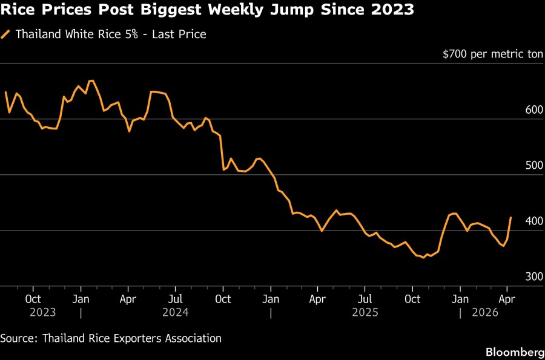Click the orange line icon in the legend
[x=7, y=34]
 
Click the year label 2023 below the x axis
[x=42, y=312]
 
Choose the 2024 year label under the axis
[x=175, y=312]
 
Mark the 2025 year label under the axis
[x=365, y=312]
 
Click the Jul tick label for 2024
[x=175, y=298]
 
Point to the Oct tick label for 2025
[x=412, y=298]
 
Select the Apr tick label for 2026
[x=507, y=298]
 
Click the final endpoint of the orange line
[x=511, y=217]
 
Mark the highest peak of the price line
[x=92, y=80]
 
